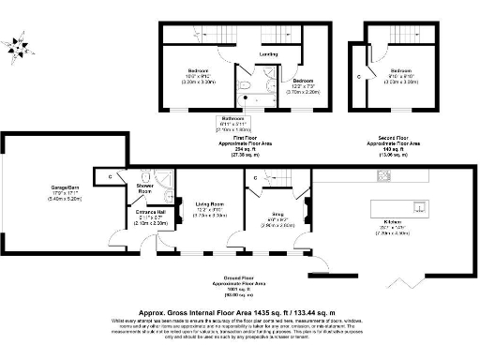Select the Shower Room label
pos(144,188)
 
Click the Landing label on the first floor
pos(267,54)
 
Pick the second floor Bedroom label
pos(400,71)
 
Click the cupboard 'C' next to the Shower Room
pos(111,176)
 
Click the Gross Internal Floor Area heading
pos(239,308)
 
